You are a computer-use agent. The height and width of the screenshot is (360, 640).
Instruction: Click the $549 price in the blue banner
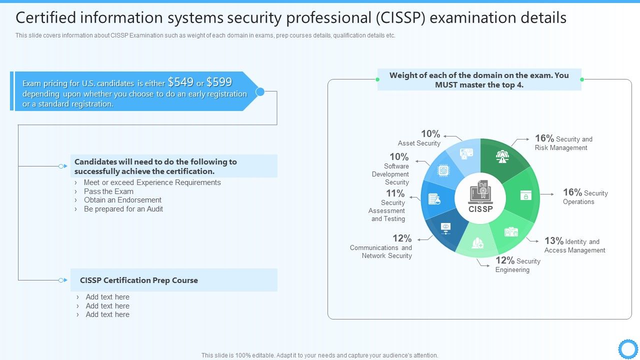(180, 82)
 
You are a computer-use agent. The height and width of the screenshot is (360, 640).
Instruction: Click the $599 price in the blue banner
(219, 82)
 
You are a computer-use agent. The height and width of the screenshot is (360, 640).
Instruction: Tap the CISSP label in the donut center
(480, 209)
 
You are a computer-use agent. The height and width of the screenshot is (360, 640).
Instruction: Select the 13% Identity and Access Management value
(554, 241)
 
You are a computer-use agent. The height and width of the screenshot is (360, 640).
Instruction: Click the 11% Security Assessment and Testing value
(395, 193)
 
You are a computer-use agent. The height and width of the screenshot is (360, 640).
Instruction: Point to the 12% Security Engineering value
(505, 260)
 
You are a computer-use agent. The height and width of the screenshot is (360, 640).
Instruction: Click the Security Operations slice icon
(525, 195)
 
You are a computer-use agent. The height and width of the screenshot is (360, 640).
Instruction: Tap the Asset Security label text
(419, 143)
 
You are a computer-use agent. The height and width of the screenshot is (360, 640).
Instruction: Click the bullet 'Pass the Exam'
(108, 191)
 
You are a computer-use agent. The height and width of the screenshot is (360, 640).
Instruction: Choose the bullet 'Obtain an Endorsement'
(122, 200)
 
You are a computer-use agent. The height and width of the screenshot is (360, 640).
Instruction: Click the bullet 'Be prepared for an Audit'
(123, 209)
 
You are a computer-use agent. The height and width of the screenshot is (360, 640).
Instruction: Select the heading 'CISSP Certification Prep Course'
(139, 280)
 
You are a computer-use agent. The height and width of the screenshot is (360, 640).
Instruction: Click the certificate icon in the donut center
(480, 191)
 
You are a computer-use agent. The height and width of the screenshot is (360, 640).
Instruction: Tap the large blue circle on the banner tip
(260, 91)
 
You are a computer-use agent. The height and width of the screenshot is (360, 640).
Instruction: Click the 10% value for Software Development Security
(399, 157)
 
